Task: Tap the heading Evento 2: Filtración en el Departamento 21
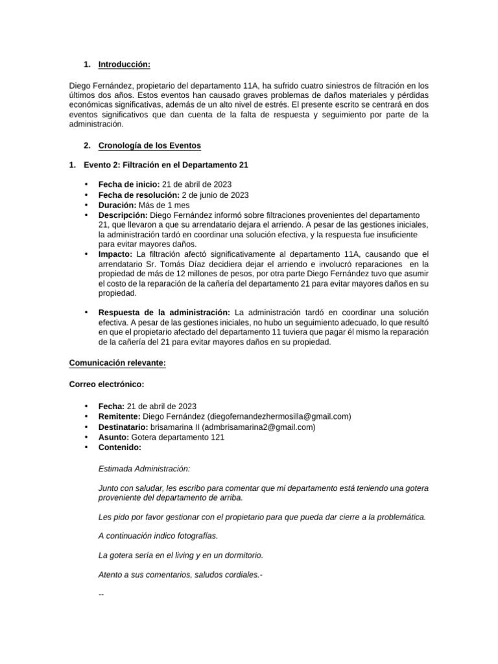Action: (166, 165)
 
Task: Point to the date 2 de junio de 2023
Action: (214, 195)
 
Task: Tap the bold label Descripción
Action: (123, 215)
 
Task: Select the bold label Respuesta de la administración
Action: (164, 313)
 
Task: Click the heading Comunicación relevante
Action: (117, 364)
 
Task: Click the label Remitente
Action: (120, 416)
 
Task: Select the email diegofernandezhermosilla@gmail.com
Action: (279, 416)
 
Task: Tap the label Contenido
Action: (119, 447)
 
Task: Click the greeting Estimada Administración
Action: (144, 469)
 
